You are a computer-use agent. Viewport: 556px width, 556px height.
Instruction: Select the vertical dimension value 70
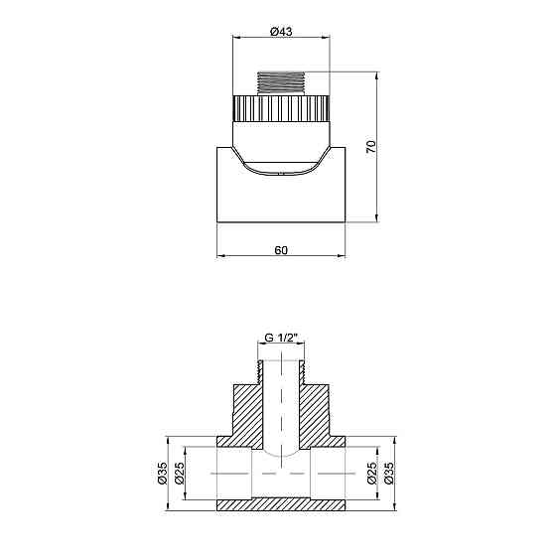click(x=370, y=147)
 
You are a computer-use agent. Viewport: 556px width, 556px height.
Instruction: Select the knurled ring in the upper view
click(x=281, y=106)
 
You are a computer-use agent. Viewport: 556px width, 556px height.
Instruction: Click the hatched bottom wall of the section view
click(x=281, y=504)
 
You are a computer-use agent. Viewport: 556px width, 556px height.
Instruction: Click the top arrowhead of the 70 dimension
click(x=378, y=74)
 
